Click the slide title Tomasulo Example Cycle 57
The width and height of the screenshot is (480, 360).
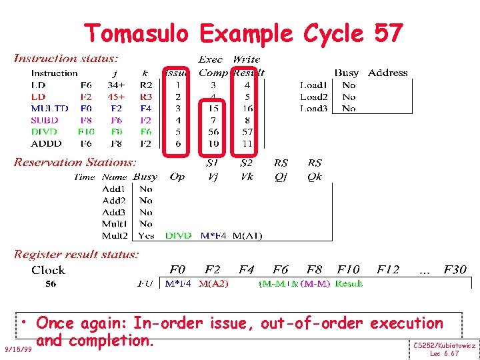point(243,33)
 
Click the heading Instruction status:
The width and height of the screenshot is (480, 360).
point(67,59)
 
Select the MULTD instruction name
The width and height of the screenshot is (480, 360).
point(49,108)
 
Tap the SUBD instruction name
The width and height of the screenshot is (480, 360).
point(45,120)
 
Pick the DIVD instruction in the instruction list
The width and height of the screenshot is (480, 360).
point(45,131)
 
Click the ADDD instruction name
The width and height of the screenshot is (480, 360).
point(46,143)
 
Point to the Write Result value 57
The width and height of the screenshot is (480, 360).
point(247,131)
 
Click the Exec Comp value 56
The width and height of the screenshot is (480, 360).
point(213,131)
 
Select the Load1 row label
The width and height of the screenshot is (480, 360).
point(313,85)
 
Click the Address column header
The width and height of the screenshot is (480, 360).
point(387,73)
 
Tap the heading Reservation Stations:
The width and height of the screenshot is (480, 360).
point(75,162)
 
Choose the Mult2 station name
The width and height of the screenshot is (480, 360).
point(114,235)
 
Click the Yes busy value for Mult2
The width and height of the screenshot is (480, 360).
point(146,235)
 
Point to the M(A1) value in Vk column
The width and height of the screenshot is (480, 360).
point(247,235)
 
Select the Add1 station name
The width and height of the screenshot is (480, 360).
point(114,189)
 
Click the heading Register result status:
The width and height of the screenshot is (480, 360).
point(77,254)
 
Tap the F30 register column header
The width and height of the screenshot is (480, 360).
point(453,270)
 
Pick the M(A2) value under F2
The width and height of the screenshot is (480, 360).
point(213,284)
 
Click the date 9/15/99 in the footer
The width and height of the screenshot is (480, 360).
point(17,349)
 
